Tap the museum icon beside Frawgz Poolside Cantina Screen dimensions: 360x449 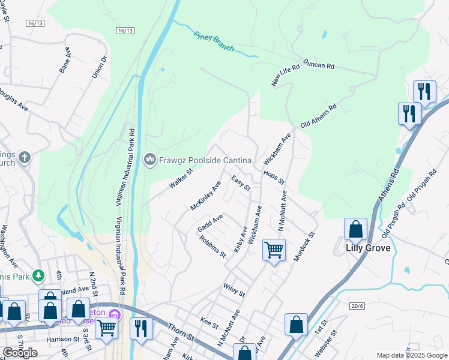(x=149, y=159)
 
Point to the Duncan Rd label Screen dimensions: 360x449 (x=318, y=65)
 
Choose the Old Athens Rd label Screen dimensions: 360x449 (x=319, y=116)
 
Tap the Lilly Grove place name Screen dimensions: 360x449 (x=368, y=248)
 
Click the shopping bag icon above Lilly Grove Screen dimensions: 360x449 (x=355, y=229)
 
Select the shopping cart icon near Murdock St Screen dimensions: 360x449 (x=274, y=250)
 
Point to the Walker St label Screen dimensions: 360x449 (x=179, y=179)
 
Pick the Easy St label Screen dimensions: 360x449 (x=241, y=184)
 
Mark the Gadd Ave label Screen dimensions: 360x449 (x=210, y=223)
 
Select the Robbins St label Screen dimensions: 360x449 (x=213, y=246)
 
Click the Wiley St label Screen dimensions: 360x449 (x=234, y=290)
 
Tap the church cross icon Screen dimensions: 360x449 (x=25, y=158)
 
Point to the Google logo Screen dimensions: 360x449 (x=20, y=353)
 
